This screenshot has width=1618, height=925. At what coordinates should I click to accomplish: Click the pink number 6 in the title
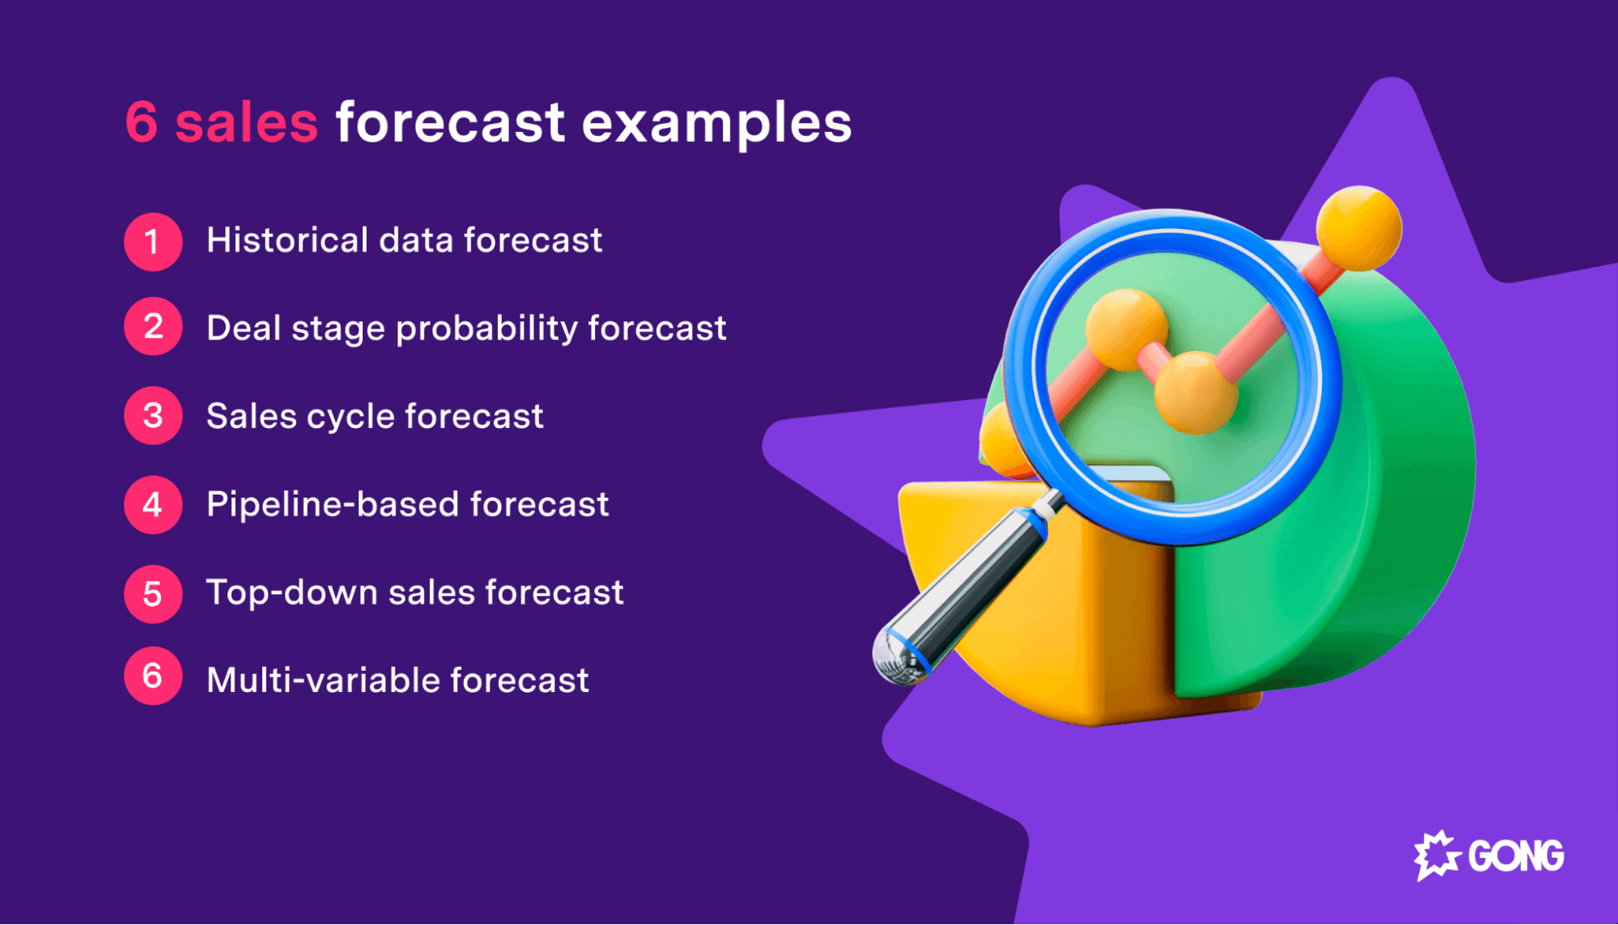tap(142, 123)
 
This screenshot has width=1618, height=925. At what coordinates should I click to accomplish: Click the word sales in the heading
tap(247, 123)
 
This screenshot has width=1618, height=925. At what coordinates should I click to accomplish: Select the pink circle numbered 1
tap(153, 241)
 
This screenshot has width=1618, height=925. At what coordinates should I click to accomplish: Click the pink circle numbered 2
tap(153, 326)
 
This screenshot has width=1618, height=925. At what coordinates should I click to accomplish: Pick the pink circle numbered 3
tap(153, 416)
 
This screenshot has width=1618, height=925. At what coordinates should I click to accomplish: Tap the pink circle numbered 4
tap(153, 505)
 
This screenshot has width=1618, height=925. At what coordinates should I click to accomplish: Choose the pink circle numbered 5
tap(153, 594)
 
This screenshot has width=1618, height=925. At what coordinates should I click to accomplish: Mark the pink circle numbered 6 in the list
tap(153, 676)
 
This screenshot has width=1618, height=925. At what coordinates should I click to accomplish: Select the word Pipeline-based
tap(333, 505)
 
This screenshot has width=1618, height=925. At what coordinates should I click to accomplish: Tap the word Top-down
tap(291, 593)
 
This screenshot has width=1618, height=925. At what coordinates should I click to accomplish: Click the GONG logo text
tap(1515, 856)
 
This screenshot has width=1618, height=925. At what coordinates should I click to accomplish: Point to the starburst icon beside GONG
tap(1437, 855)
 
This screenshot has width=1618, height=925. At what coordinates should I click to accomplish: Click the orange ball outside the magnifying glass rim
tap(1359, 227)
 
